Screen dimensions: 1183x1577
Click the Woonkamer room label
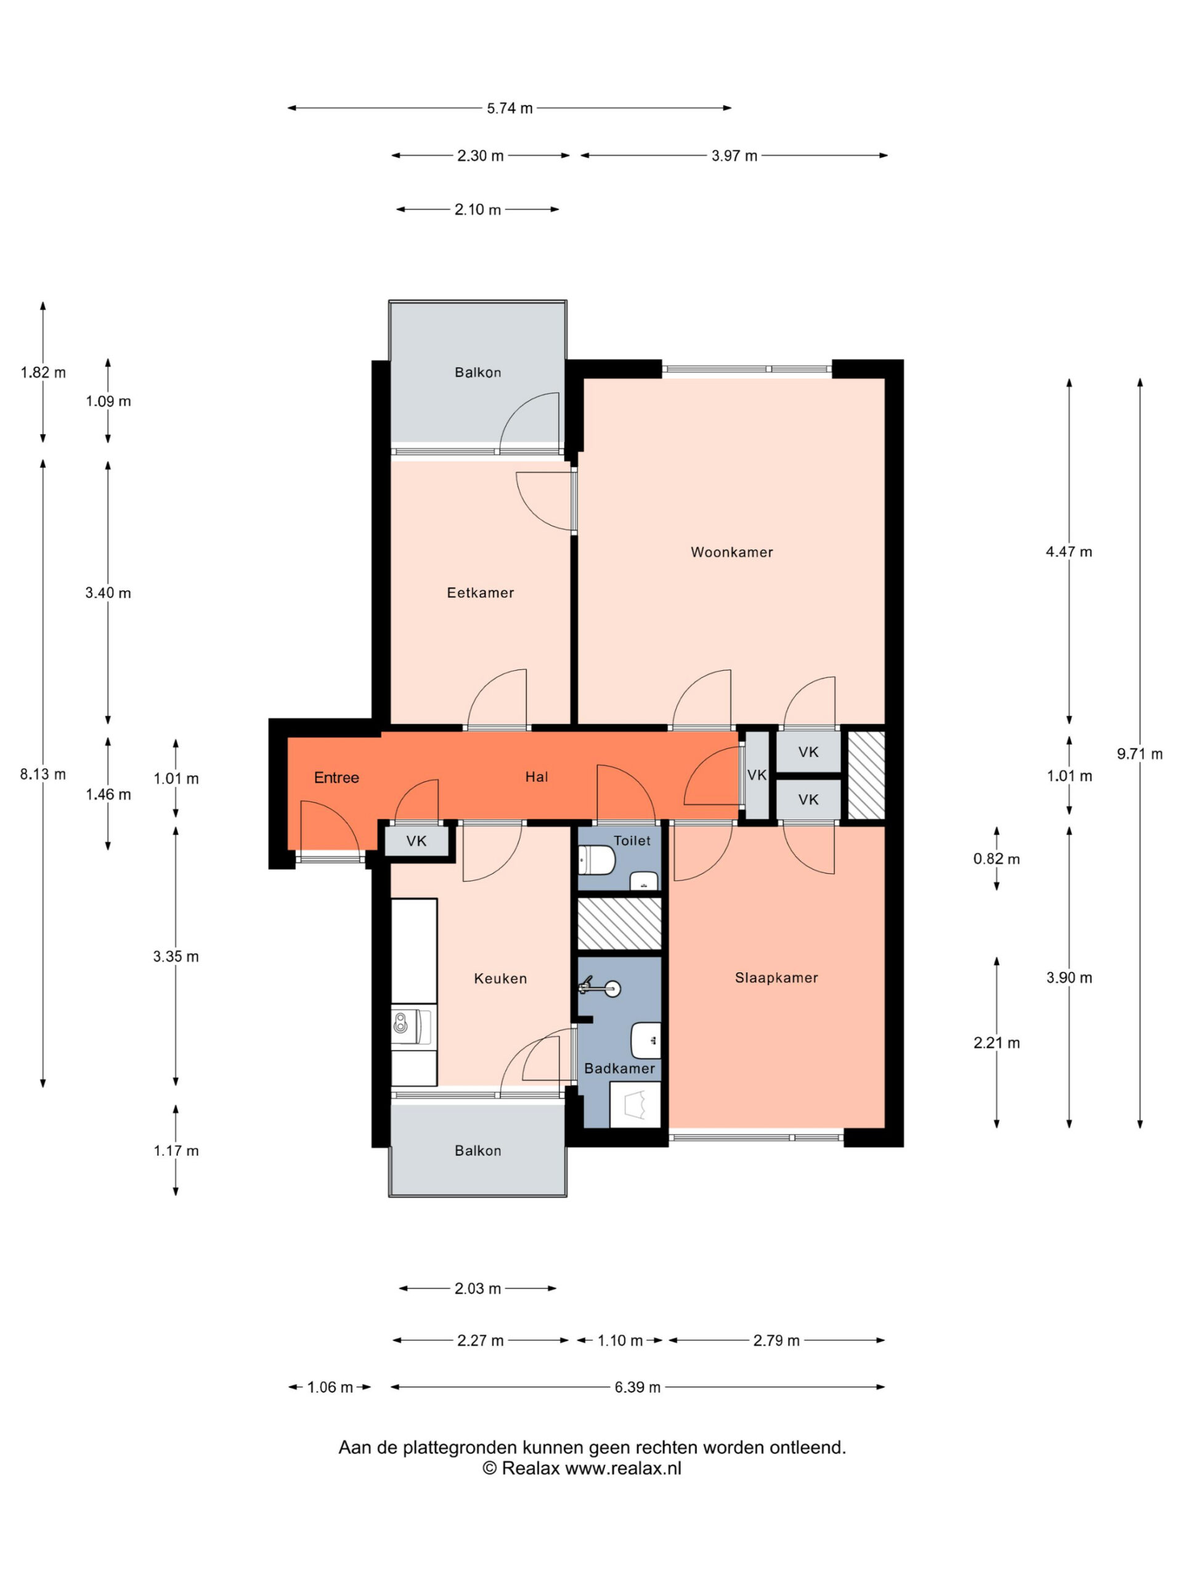point(731,552)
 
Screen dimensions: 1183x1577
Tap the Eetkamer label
point(480,593)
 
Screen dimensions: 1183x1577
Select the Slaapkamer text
point(776,978)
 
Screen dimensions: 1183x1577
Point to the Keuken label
point(500,978)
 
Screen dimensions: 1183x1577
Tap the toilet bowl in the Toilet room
point(596,860)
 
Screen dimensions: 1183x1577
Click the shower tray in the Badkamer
point(635,1105)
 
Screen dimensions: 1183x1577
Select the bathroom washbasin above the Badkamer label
point(646,1040)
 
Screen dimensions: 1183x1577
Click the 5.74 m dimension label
point(510,108)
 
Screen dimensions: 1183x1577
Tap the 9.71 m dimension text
point(1139,753)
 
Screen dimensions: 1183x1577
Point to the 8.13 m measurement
point(43,774)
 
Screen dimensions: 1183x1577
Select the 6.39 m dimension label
point(638,1387)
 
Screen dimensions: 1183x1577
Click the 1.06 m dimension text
point(330,1387)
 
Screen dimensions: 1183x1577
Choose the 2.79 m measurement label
point(776,1340)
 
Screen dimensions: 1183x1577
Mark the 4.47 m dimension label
point(1069,551)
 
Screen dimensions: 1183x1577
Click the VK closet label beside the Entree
point(417,841)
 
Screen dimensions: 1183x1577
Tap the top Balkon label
point(478,372)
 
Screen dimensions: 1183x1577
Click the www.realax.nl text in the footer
point(624,1468)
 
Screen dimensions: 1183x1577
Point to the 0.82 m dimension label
point(997,859)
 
